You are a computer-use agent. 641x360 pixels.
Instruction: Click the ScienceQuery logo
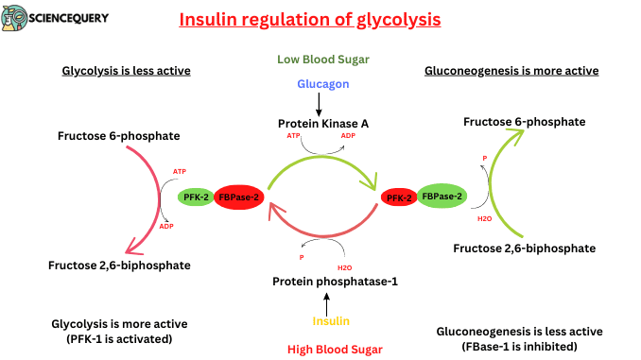[56, 18]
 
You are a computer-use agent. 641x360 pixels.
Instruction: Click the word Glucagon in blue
[322, 83]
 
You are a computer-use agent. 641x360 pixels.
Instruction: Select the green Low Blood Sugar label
[322, 59]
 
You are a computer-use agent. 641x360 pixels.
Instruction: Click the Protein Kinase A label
[322, 123]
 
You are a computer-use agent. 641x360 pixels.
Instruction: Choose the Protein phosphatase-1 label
[327, 282]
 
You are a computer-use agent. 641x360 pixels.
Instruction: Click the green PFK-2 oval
[197, 197]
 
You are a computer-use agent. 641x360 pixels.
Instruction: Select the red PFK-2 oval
[398, 197]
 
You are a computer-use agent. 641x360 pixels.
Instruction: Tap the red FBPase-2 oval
[239, 197]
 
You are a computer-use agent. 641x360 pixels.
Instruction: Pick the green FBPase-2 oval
[442, 197]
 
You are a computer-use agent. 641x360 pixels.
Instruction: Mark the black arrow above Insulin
[326, 303]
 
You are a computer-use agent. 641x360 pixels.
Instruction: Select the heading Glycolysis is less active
[126, 71]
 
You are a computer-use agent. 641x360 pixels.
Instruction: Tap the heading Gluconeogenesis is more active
[511, 71]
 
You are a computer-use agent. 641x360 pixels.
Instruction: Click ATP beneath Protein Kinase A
[293, 137]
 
